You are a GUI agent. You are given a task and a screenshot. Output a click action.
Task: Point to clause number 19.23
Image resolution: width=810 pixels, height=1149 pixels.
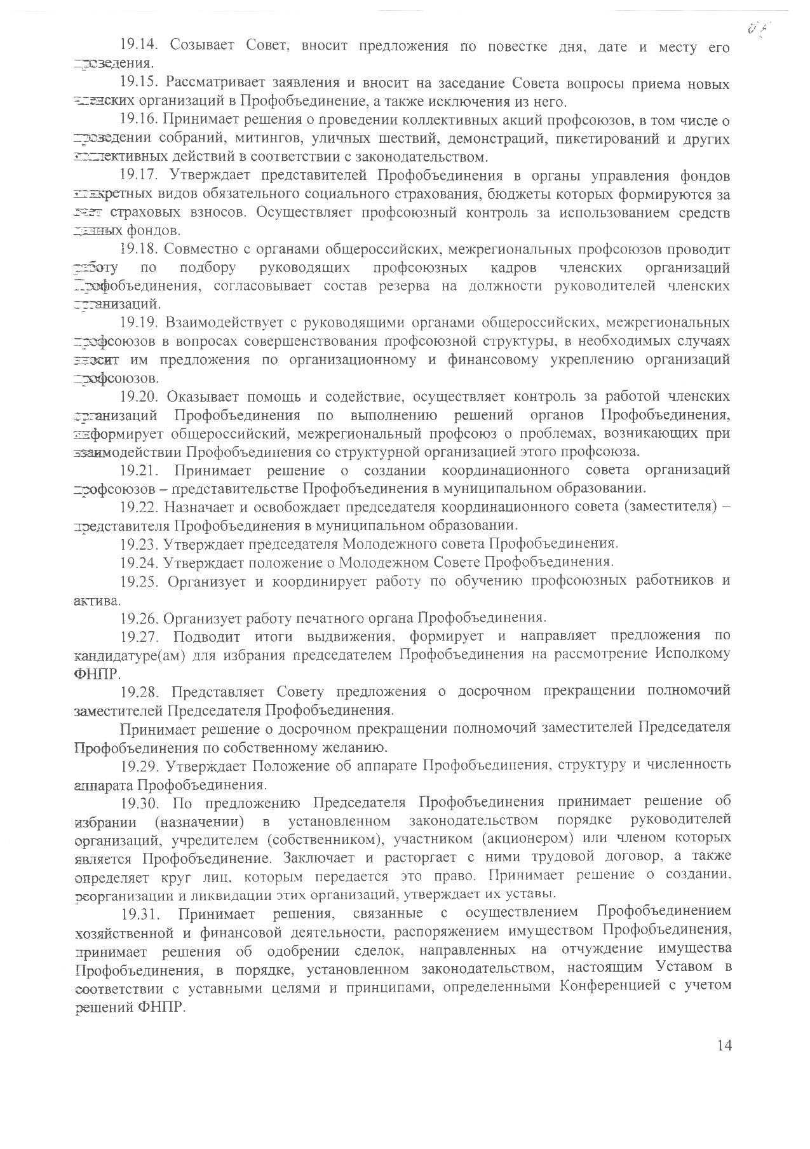[138, 544]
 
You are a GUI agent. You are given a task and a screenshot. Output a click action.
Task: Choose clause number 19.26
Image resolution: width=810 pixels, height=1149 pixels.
[138, 618]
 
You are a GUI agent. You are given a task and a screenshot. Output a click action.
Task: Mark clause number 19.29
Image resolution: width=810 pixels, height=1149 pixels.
[138, 764]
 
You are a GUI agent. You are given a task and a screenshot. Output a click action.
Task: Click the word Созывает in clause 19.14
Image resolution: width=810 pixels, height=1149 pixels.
[203, 47]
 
